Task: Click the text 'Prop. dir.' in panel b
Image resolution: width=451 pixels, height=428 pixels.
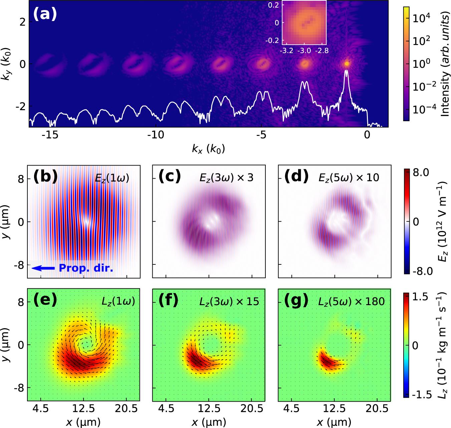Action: click(86, 268)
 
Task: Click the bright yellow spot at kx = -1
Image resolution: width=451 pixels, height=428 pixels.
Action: click(347, 63)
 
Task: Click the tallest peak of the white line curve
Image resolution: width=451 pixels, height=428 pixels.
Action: click(347, 70)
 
